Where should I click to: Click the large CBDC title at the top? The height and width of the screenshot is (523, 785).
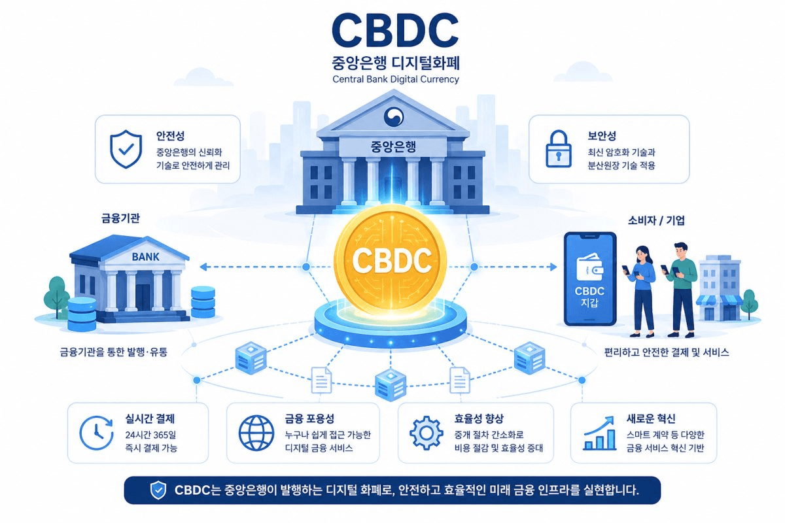[x=395, y=31]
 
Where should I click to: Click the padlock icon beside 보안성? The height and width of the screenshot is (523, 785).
[x=559, y=149]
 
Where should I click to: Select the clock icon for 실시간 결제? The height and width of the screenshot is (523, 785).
[x=96, y=433]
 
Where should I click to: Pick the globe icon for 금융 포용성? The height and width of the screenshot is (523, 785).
[x=256, y=433]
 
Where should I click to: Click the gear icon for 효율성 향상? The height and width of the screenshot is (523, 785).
[x=426, y=433]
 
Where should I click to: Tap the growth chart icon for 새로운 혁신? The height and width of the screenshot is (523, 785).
[x=600, y=433]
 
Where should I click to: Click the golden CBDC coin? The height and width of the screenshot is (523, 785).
[x=390, y=260]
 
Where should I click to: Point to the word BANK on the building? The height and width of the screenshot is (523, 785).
[x=145, y=257]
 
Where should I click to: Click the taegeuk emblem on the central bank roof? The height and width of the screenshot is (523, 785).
[x=394, y=116]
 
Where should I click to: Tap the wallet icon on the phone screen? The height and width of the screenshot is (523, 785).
[x=590, y=267]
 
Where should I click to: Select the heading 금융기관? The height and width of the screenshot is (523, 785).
[x=120, y=218]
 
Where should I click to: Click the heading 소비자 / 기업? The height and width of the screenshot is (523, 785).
[x=656, y=220]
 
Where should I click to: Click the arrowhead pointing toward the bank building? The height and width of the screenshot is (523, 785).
[x=204, y=267]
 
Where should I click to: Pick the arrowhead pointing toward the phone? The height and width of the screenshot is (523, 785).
[x=553, y=267]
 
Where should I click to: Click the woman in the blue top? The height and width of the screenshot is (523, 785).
[x=641, y=291]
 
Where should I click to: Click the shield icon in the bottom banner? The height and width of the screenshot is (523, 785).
[x=158, y=490]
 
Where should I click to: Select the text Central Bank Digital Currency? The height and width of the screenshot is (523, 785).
[x=396, y=79]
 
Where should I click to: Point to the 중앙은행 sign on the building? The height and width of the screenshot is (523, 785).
[x=393, y=146]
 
